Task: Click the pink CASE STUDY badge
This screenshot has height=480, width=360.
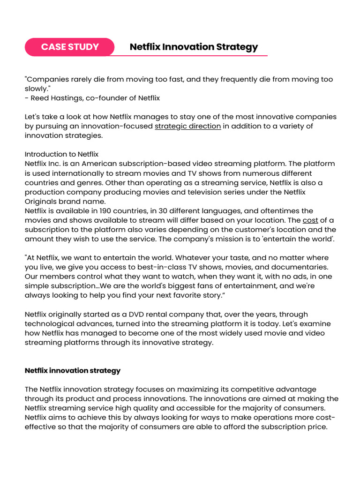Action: point(70,47)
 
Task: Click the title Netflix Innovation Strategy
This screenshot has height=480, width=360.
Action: point(194,47)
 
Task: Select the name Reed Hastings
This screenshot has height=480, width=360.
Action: point(53,98)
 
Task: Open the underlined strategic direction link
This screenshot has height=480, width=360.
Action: point(187,126)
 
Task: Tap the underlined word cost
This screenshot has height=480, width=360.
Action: point(310,220)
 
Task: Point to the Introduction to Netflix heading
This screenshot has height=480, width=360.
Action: point(61,154)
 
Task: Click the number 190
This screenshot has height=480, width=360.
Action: point(108,211)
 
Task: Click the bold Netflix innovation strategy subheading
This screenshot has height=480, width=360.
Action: point(73,370)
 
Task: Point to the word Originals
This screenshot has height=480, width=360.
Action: point(41,202)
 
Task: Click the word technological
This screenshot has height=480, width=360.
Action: point(51,323)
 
